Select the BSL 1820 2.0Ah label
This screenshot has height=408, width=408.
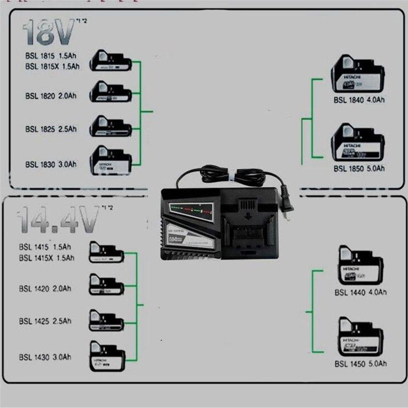pos(51,96)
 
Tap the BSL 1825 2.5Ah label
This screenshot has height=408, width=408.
pos(51,129)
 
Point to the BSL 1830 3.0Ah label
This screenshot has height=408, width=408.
pos(51,164)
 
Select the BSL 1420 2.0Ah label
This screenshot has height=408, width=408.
pos(44,289)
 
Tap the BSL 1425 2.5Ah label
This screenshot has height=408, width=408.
pos(44,321)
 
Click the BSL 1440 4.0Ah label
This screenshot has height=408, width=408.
pos(361,292)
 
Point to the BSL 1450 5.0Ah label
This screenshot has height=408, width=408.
pos(361,363)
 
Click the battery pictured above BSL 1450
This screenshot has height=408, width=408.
pos(361,337)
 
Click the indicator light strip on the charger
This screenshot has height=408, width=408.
pos(191,211)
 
